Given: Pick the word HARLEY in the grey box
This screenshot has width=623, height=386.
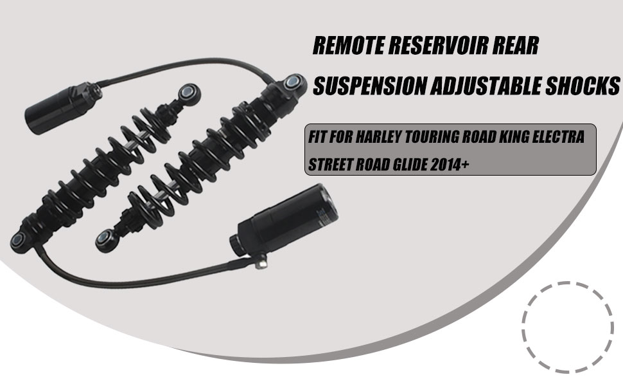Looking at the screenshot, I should [379, 138].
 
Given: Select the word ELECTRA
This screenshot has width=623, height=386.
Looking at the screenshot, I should [561, 138].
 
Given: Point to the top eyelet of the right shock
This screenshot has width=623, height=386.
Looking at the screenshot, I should [291, 82].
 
